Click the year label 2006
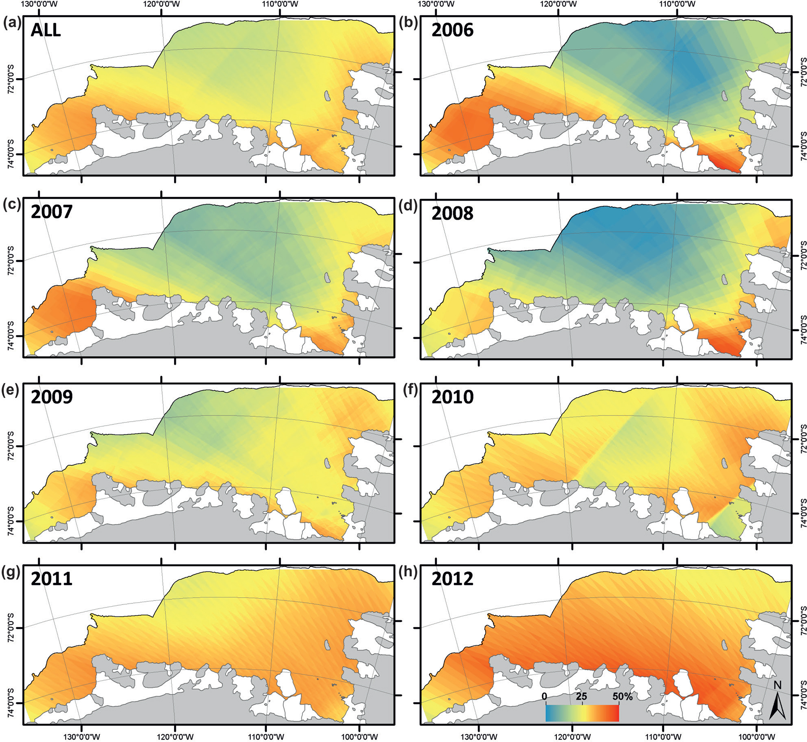coord(452,30)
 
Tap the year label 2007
coord(52,212)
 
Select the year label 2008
coord(452,213)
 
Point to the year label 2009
coord(52,397)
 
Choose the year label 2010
coord(452,397)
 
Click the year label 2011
coord(52,579)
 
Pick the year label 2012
coord(452,579)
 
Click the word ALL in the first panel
coord(46,30)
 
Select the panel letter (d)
coord(409,206)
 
